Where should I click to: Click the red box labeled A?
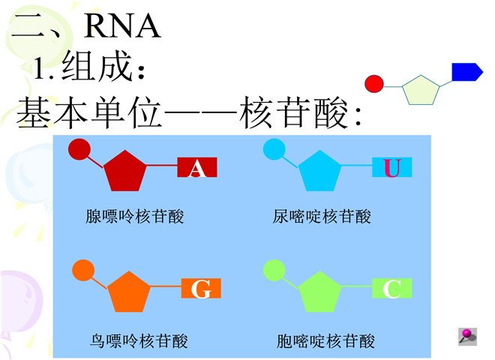tap(197, 169)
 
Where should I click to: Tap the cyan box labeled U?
tap(391, 169)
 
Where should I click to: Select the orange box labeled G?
tap(201, 289)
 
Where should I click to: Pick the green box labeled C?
tap(392, 289)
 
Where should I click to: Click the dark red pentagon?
tap(124, 171)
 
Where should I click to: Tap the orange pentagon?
tap(130, 291)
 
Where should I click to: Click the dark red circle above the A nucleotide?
tap(79, 150)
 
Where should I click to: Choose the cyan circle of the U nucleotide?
tap(273, 150)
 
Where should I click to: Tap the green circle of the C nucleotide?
tap(274, 269)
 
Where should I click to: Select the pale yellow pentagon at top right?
tap(420, 89)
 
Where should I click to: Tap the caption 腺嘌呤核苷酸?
tap(135, 217)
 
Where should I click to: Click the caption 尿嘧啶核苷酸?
tap(322, 217)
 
